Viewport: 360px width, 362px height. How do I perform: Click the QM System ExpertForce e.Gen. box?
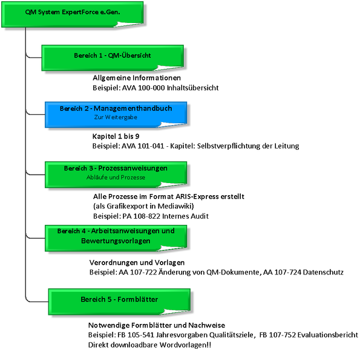(x=73, y=15)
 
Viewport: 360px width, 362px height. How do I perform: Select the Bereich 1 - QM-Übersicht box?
(x=113, y=58)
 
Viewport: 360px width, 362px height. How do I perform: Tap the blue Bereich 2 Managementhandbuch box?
(x=116, y=114)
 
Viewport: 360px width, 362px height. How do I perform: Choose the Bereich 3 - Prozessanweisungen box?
(x=116, y=175)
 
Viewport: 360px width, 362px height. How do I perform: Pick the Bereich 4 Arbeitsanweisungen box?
(x=116, y=238)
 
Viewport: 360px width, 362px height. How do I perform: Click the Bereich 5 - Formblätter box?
(x=119, y=302)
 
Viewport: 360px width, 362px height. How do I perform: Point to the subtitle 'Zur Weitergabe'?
(x=116, y=117)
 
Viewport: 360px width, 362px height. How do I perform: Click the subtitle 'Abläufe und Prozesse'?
(x=116, y=177)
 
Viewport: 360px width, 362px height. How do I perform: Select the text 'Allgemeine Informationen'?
(x=137, y=78)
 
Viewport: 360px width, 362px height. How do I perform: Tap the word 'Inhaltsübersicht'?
(x=193, y=88)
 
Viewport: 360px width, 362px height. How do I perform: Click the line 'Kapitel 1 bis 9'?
(x=116, y=136)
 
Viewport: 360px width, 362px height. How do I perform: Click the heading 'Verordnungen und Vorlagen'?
(x=137, y=262)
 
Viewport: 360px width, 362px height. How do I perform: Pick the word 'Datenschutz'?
(x=323, y=272)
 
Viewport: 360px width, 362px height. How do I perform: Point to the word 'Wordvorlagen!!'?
(x=185, y=345)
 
